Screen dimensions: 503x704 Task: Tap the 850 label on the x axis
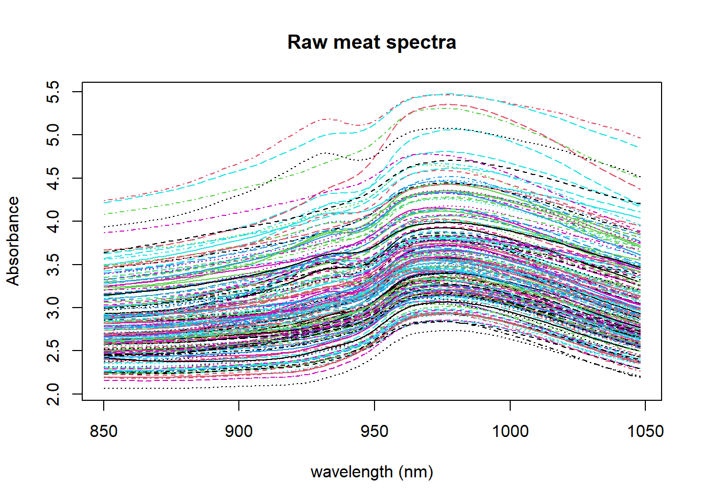tap(104, 431)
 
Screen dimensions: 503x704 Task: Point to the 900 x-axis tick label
tap(239, 431)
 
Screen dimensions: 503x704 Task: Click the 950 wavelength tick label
tap(375, 431)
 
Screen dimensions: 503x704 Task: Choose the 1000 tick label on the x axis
tap(510, 431)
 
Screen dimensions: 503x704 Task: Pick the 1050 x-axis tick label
tap(645, 431)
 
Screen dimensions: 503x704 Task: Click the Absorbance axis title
tap(13, 241)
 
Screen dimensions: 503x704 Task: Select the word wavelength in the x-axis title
tap(351, 472)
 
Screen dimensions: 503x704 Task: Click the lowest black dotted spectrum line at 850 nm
tap(105, 388)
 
